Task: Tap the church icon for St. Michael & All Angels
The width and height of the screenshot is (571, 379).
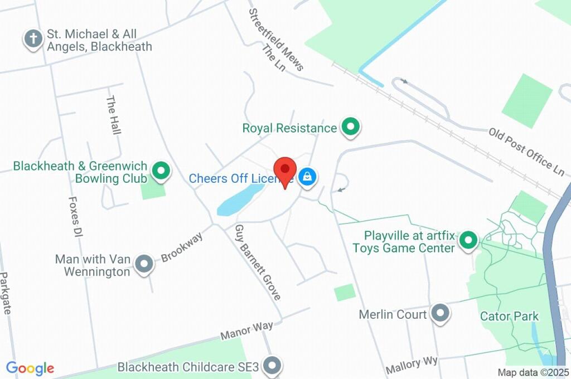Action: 33,39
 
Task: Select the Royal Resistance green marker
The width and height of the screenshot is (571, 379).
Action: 350,127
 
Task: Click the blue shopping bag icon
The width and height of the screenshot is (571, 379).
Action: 307,178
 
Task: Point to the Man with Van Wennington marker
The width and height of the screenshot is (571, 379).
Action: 144,264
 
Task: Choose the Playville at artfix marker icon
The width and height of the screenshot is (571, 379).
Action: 469,241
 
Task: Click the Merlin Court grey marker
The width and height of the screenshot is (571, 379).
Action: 441,313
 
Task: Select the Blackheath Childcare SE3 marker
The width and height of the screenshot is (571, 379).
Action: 272,366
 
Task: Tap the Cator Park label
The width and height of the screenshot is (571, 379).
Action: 510,317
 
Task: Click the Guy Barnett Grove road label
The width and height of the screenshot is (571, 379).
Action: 257,263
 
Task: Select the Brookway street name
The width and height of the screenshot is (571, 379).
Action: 182,247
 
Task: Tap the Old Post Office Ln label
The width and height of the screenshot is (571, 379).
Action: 526,150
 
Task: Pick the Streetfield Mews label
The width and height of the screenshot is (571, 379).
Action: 275,39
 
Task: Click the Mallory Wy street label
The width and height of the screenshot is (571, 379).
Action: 412,365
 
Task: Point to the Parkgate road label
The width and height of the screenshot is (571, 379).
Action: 6,293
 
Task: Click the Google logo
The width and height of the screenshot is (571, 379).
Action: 30,368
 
